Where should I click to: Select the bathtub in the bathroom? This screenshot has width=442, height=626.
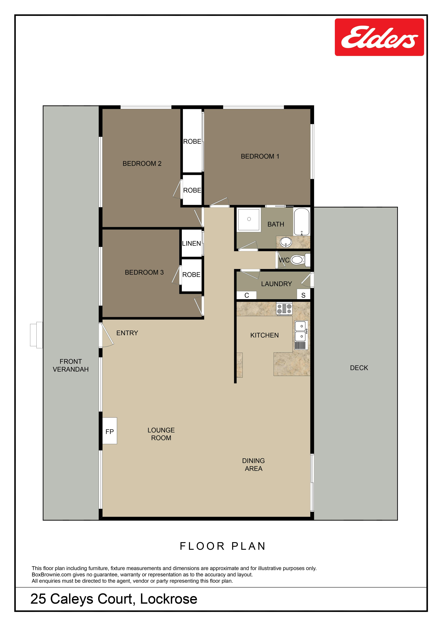coord(302,222)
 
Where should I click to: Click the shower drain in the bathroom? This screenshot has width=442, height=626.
coord(249,219)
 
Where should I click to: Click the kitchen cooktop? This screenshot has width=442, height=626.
coord(284,309)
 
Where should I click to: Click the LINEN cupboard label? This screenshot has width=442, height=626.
coord(191,243)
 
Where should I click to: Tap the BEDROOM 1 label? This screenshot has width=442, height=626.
coord(260,156)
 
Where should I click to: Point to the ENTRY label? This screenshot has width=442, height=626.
coord(127,333)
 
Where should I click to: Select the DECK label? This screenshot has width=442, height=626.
coord(359,368)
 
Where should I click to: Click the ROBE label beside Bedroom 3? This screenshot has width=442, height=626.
coord(191,275)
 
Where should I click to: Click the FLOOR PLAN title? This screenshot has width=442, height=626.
coord(223,546)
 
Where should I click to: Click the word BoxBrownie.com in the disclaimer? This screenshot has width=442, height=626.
coord(51,574)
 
